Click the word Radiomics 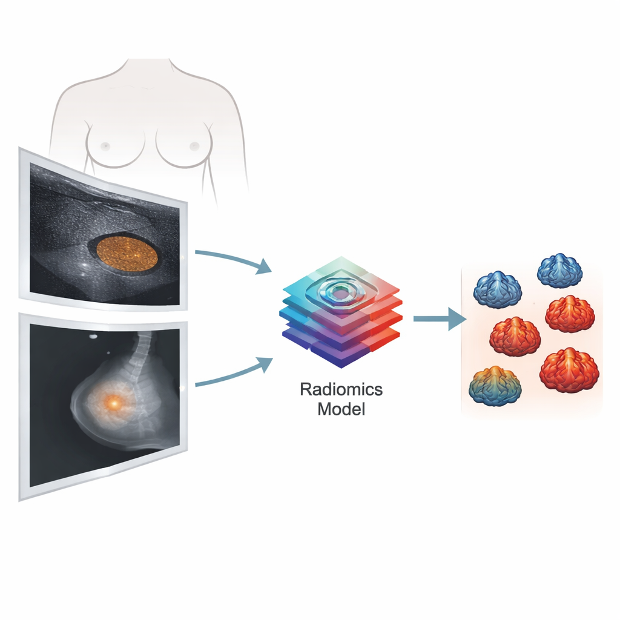341,389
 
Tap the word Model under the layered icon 341,409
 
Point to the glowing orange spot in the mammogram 114,403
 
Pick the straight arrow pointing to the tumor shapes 440,318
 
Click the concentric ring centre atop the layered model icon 340,293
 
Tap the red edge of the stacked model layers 386,316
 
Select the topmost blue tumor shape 559,271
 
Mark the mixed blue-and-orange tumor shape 495,386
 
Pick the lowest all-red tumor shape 569,370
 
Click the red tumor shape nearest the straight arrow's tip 515,337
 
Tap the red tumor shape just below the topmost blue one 570,314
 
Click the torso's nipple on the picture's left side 105,146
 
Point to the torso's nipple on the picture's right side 194,147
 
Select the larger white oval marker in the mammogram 93,337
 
